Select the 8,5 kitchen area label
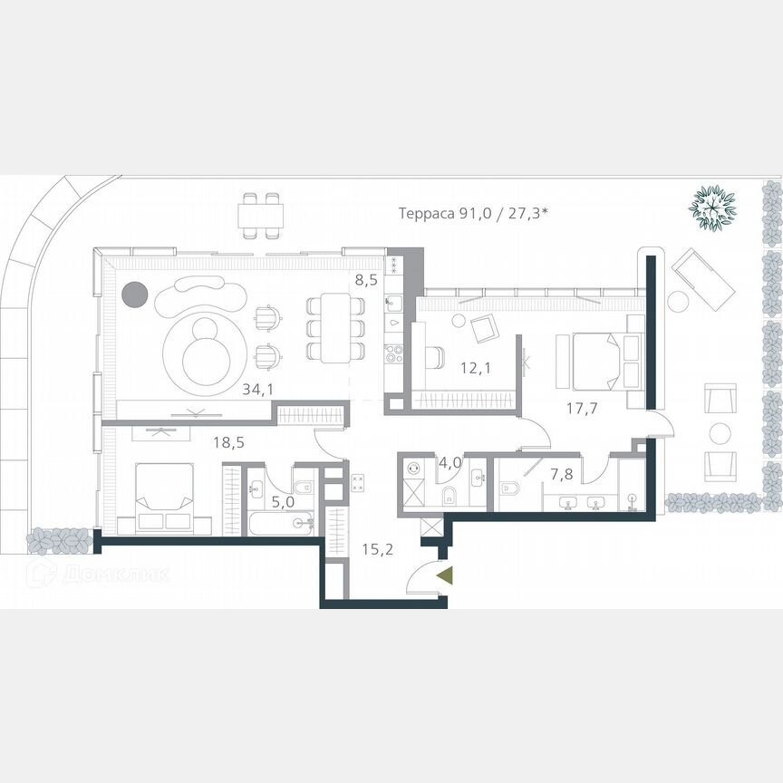coord(366,280)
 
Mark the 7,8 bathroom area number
coord(561,475)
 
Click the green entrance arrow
coord(444,575)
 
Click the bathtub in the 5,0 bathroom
coord(282,524)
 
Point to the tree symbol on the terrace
coord(712,208)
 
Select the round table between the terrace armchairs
coord(720,432)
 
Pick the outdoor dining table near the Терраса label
coord(260,216)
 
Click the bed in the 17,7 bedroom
coord(599,360)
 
